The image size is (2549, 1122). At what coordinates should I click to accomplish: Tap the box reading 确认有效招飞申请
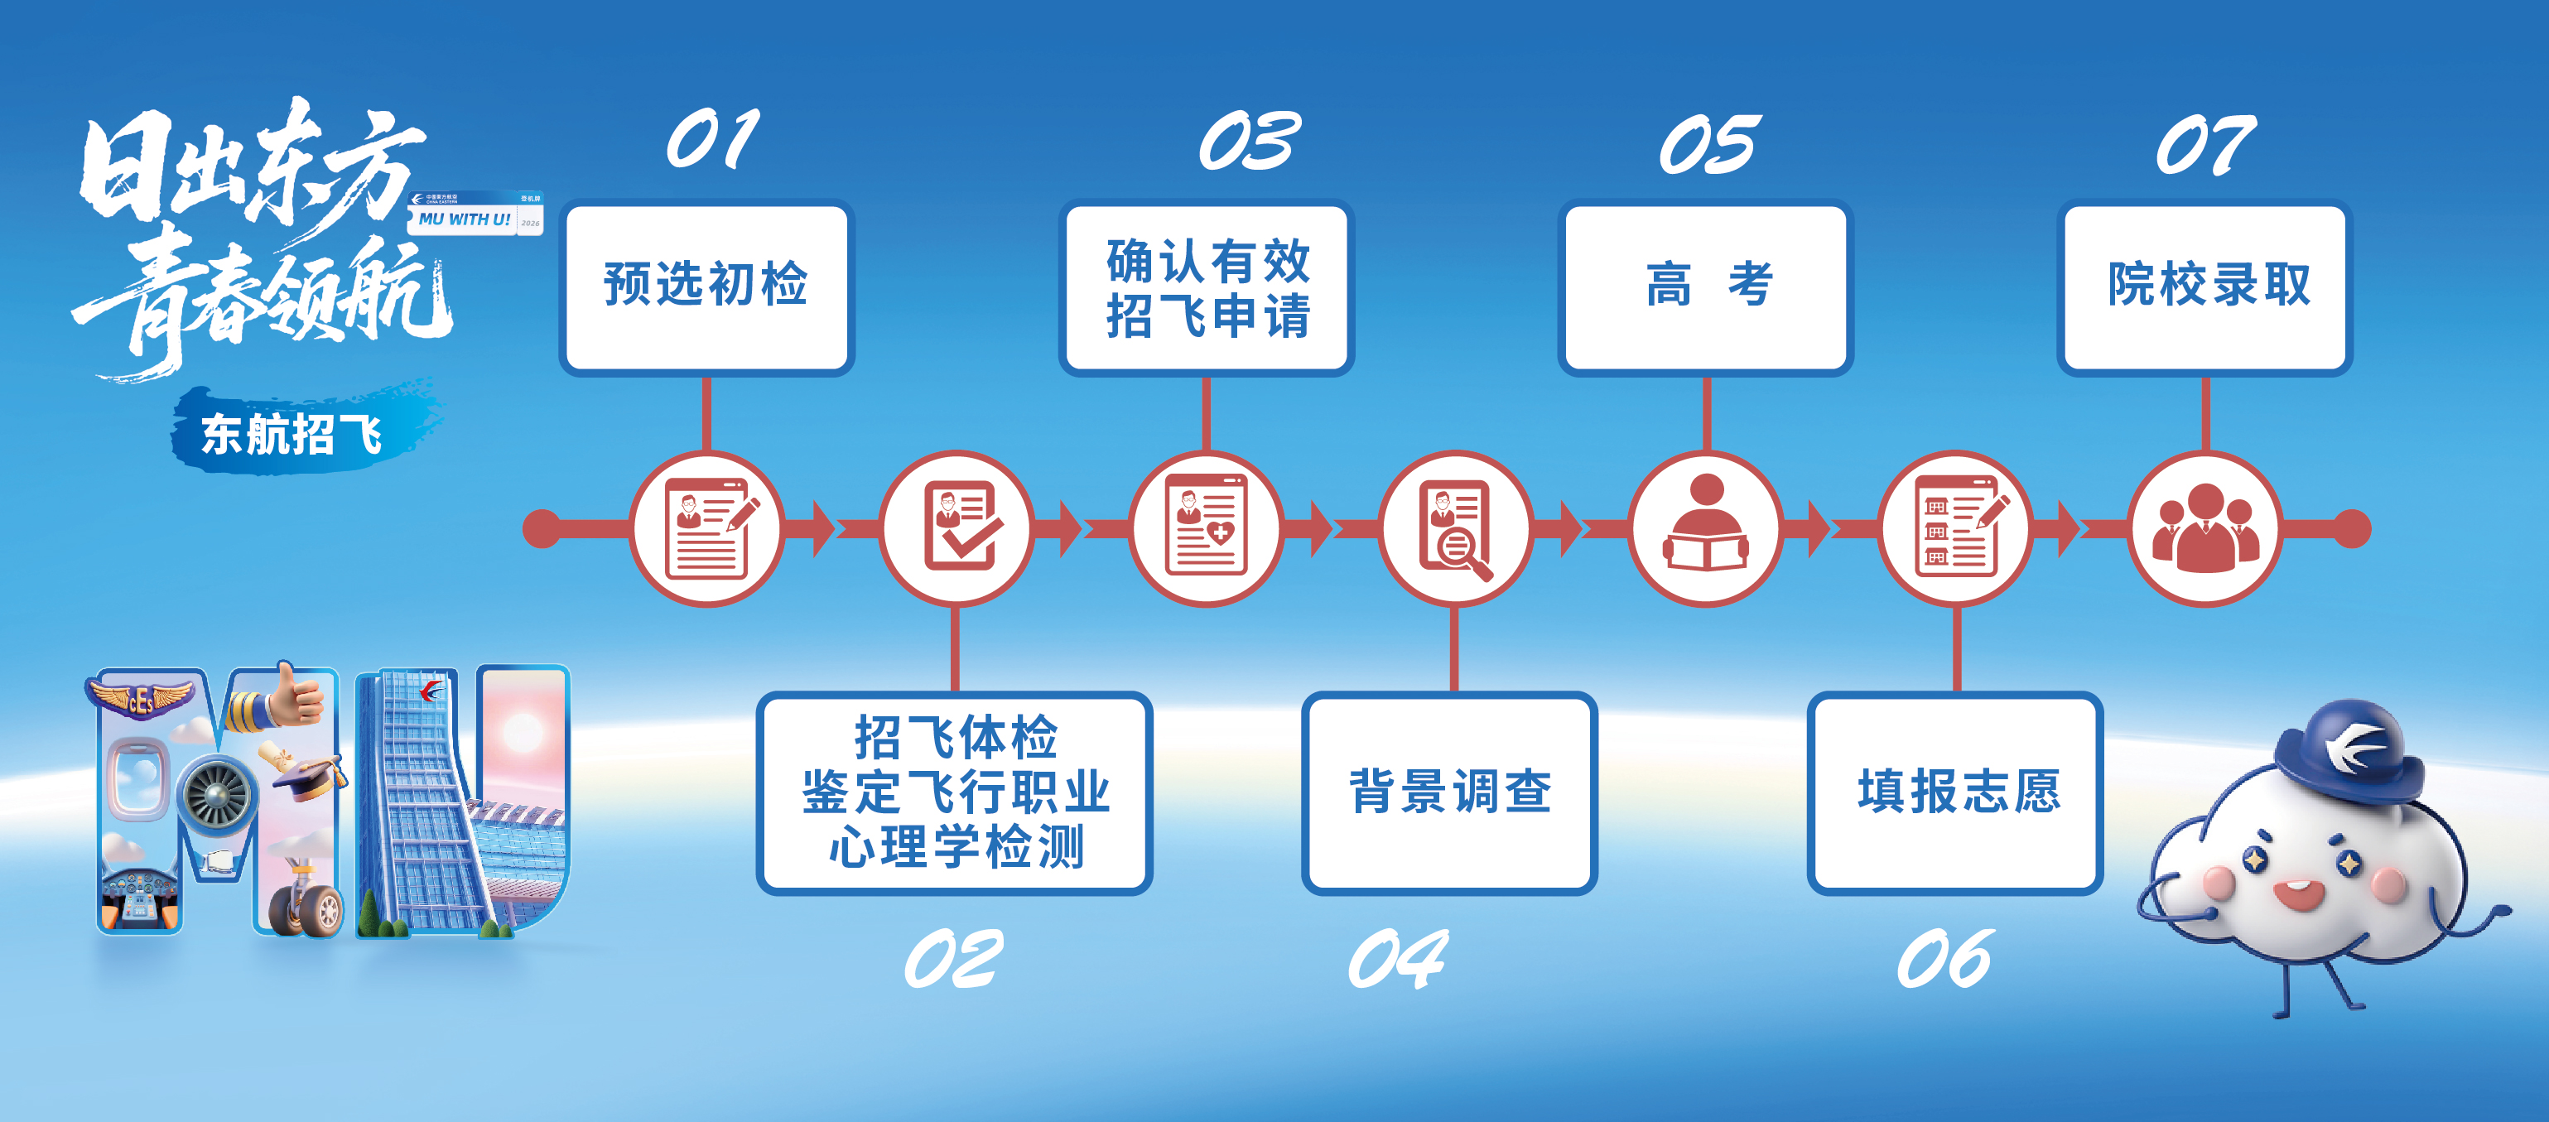[x=1207, y=287]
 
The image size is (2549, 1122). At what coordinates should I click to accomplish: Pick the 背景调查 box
[x=1449, y=792]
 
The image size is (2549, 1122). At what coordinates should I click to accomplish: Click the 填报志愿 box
[x=1955, y=792]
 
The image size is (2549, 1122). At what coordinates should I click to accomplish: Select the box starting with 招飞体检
[x=955, y=792]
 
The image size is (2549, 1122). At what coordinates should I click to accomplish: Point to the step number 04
[x=1397, y=959]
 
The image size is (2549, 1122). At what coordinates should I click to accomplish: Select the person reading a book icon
[x=1706, y=528]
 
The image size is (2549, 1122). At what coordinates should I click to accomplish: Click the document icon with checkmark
[x=956, y=528]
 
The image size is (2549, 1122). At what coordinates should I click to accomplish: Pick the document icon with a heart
[x=1207, y=528]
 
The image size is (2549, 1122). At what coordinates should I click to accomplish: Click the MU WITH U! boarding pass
[x=476, y=214]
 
